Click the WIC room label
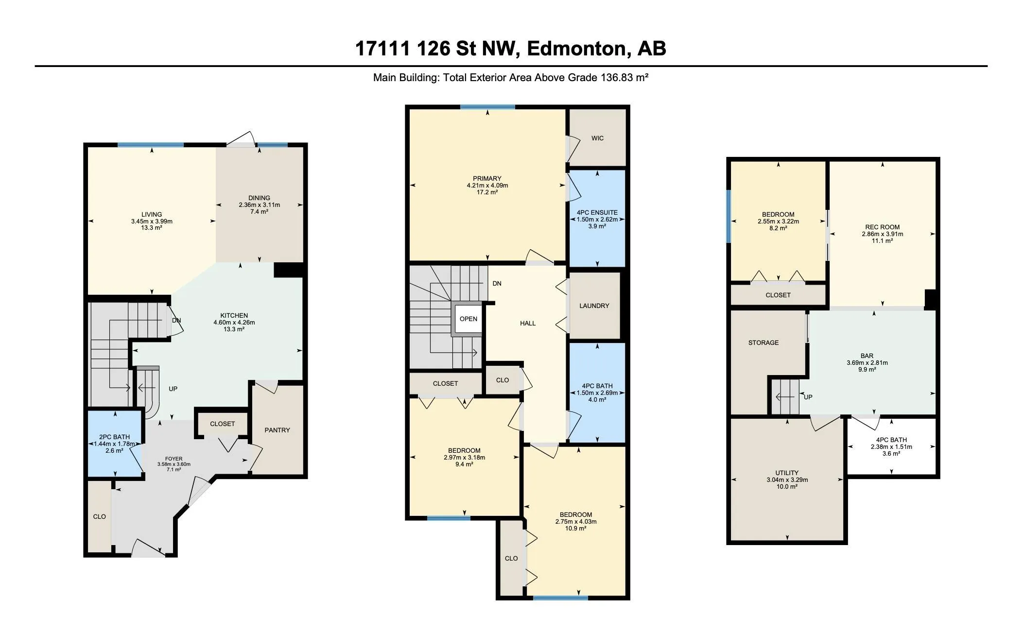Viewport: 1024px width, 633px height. pos(597,138)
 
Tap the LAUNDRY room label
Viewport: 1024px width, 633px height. pos(594,306)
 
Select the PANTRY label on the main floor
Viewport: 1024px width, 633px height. pos(277,430)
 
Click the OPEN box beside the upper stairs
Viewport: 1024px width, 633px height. pos(469,319)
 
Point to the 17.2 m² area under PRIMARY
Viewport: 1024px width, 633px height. pos(487,192)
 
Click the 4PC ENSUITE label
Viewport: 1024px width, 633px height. pos(597,212)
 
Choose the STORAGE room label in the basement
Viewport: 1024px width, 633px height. pos(763,342)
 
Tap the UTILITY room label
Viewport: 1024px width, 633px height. pos(787,473)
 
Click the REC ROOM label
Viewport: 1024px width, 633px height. pos(882,227)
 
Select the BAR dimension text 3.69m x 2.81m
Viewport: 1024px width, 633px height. pos(867,363)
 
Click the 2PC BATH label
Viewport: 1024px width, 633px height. pos(115,437)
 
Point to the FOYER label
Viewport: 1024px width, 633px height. pos(174,459)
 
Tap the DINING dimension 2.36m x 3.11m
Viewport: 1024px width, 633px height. pos(259,205)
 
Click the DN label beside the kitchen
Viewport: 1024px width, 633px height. pos(176,321)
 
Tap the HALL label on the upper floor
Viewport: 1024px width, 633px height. pos(528,323)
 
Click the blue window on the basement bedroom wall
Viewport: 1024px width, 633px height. pos(729,216)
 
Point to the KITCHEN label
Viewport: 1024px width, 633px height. pos(234,315)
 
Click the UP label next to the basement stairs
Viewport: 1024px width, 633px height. pos(808,397)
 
